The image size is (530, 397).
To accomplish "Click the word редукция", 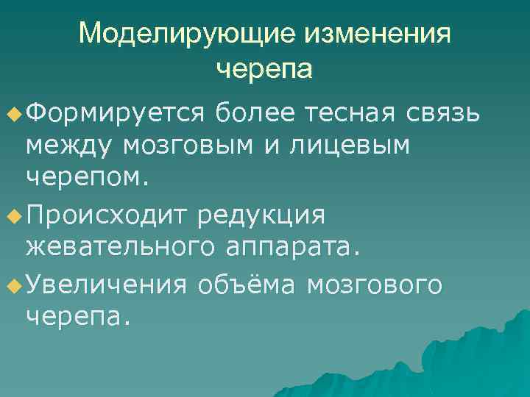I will pyautogui.click(x=272, y=216).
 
